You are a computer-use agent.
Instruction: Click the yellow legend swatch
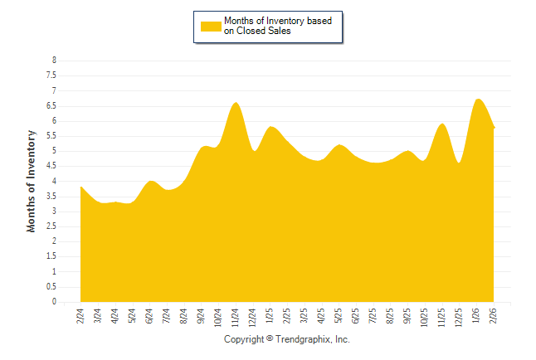click(211, 26)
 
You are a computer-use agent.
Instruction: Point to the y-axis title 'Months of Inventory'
click(32, 181)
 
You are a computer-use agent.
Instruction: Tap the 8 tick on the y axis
click(54, 61)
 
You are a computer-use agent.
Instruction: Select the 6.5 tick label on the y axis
click(51, 106)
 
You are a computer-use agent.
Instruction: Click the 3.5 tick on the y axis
click(51, 197)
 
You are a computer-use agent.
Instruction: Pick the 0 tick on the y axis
click(54, 302)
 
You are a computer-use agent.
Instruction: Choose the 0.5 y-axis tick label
click(51, 287)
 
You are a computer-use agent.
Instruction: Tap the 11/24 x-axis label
click(236, 317)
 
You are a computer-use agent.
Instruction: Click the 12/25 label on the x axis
click(459, 317)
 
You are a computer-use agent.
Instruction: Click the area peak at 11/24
click(236, 103)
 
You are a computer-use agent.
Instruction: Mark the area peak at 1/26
click(477, 100)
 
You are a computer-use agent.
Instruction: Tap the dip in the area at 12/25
click(459, 162)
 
